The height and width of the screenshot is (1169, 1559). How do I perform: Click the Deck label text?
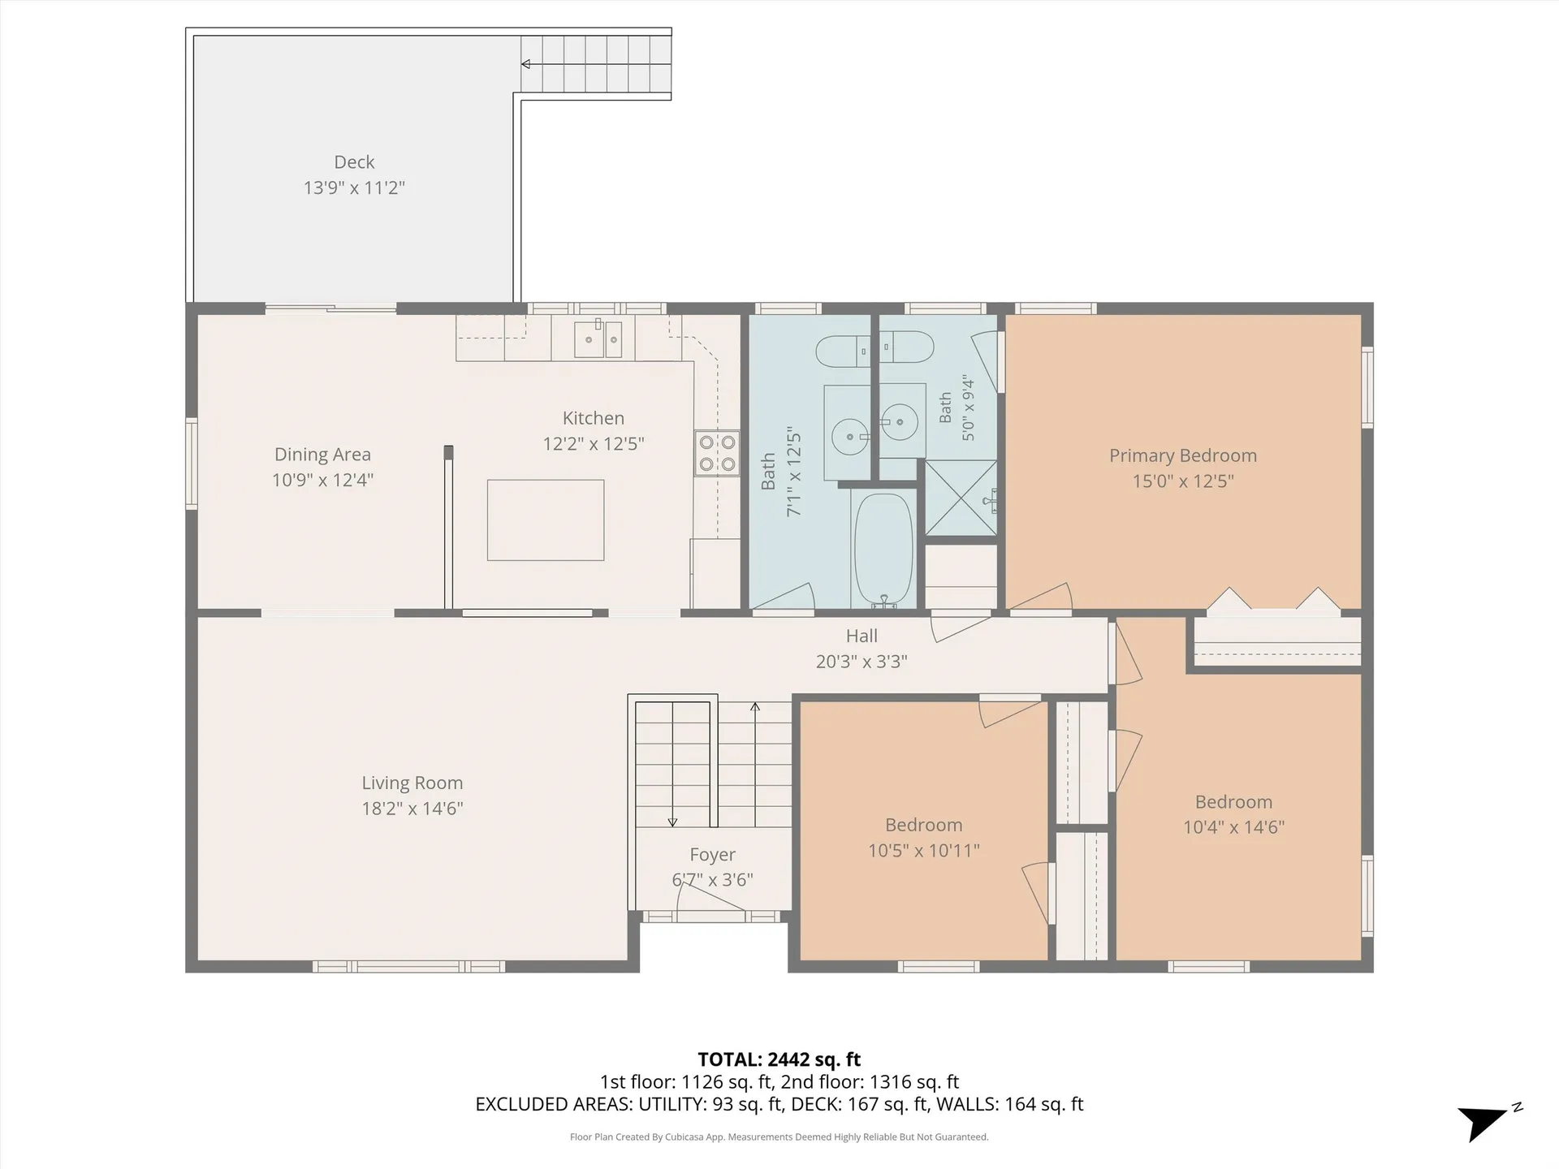pyautogui.click(x=354, y=162)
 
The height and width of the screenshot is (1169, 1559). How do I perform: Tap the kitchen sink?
pyautogui.click(x=598, y=339)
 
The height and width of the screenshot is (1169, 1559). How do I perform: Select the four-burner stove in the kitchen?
pyautogui.click(x=717, y=453)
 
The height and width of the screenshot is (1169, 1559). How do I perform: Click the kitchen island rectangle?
pyautogui.click(x=546, y=520)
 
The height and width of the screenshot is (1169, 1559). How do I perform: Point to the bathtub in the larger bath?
pyautogui.click(x=884, y=550)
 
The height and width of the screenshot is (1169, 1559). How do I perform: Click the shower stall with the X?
pyautogui.click(x=961, y=498)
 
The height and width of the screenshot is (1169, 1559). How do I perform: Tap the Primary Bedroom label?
pyautogui.click(x=1183, y=455)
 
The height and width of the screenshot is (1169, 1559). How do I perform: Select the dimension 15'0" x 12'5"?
pyautogui.click(x=1183, y=481)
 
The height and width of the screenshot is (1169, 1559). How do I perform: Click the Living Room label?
pyautogui.click(x=412, y=783)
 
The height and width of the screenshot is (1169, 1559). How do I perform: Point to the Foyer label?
pyautogui.click(x=713, y=855)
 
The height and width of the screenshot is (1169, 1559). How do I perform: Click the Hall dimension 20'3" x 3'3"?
pyautogui.click(x=862, y=662)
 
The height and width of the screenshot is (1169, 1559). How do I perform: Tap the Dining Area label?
pyautogui.click(x=322, y=455)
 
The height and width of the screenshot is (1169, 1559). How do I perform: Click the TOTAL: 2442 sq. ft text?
pyautogui.click(x=779, y=1059)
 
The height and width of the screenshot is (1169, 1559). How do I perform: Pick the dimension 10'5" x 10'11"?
pyautogui.click(x=924, y=850)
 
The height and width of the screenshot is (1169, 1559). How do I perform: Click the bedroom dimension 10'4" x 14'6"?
pyautogui.click(x=1233, y=827)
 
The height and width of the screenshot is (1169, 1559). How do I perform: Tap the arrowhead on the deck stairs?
pyautogui.click(x=526, y=64)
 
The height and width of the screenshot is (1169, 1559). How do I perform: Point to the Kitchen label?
pyautogui.click(x=594, y=418)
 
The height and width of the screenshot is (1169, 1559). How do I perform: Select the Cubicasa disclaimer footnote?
pyautogui.click(x=779, y=1137)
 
